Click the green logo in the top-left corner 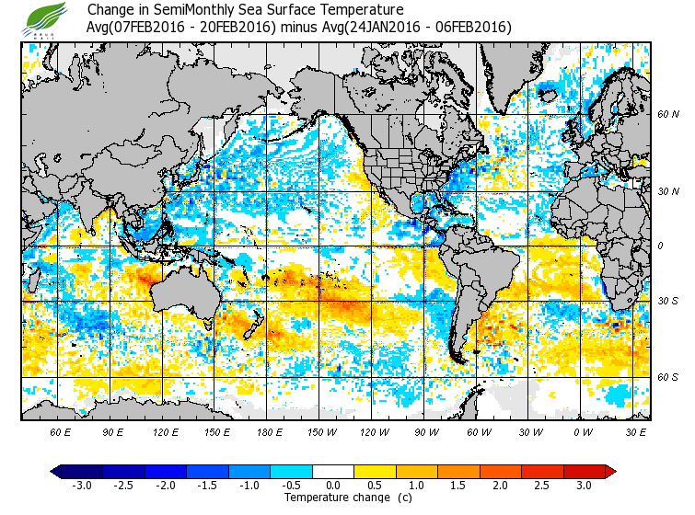tap(47, 17)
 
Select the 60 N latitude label tap(668, 114)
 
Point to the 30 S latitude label tap(668, 301)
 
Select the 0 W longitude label tap(583, 431)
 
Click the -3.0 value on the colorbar tap(82, 486)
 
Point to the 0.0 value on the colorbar tap(334, 486)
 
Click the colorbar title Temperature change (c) tap(334, 498)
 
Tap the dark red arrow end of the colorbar tap(610, 472)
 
